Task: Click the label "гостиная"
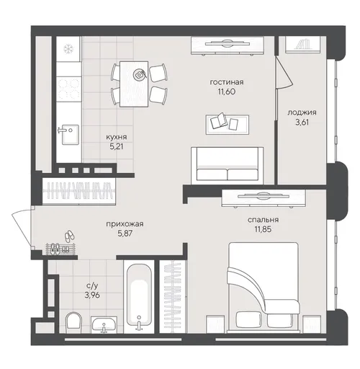(x=227, y=82)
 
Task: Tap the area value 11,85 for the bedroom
(x=263, y=229)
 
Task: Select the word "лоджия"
(x=302, y=112)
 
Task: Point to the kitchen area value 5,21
(x=117, y=146)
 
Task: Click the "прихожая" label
(x=125, y=224)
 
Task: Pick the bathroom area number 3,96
(x=92, y=295)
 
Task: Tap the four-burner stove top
(x=68, y=89)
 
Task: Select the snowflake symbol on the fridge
(x=69, y=49)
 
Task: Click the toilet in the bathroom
(x=73, y=323)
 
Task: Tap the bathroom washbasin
(x=104, y=324)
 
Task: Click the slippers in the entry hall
(x=69, y=236)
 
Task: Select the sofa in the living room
(x=228, y=164)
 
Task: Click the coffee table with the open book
(x=228, y=124)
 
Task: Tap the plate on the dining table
(x=140, y=74)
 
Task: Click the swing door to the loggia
(x=284, y=72)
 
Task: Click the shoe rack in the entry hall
(x=61, y=249)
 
